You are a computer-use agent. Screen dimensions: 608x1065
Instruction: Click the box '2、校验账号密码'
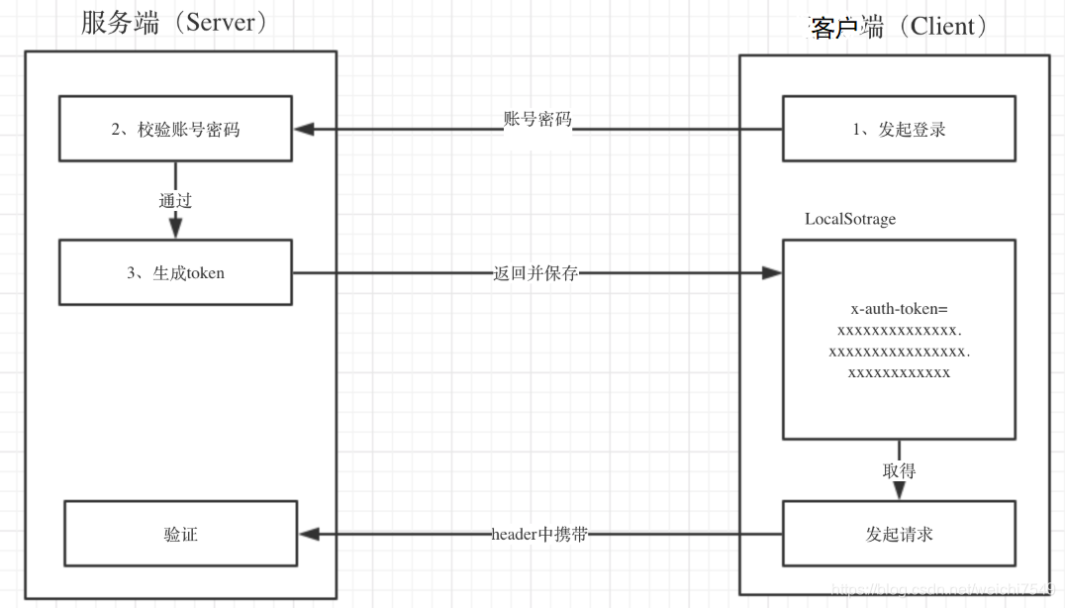pyautogui.click(x=175, y=129)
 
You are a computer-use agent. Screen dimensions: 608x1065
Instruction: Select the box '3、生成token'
pyautogui.click(x=175, y=272)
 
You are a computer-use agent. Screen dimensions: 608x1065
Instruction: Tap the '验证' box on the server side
pyautogui.click(x=180, y=535)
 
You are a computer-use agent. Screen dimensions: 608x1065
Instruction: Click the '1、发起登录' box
pyautogui.click(x=899, y=129)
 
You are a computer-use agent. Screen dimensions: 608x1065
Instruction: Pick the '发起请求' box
pyautogui.click(x=899, y=535)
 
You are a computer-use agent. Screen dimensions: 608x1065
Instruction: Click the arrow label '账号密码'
pyautogui.click(x=537, y=119)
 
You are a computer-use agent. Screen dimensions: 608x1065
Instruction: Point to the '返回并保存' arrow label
pyautogui.click(x=535, y=273)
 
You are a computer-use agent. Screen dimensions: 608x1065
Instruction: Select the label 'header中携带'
pyautogui.click(x=540, y=535)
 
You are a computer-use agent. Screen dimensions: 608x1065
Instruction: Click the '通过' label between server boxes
pyautogui.click(x=175, y=201)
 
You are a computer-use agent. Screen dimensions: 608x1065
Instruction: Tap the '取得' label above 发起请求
pyautogui.click(x=899, y=470)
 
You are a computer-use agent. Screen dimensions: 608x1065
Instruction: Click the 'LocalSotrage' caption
pyautogui.click(x=850, y=219)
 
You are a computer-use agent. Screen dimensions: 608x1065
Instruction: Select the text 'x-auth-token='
pyautogui.click(x=899, y=308)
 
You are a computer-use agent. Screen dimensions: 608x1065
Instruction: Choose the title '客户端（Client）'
pyautogui.click(x=900, y=27)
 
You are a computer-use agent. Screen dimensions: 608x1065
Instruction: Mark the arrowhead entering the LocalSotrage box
pyautogui.click(x=772, y=272)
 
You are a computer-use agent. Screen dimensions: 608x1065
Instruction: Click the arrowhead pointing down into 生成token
pyautogui.click(x=175, y=229)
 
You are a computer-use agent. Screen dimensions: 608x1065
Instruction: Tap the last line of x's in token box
pyautogui.click(x=899, y=373)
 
